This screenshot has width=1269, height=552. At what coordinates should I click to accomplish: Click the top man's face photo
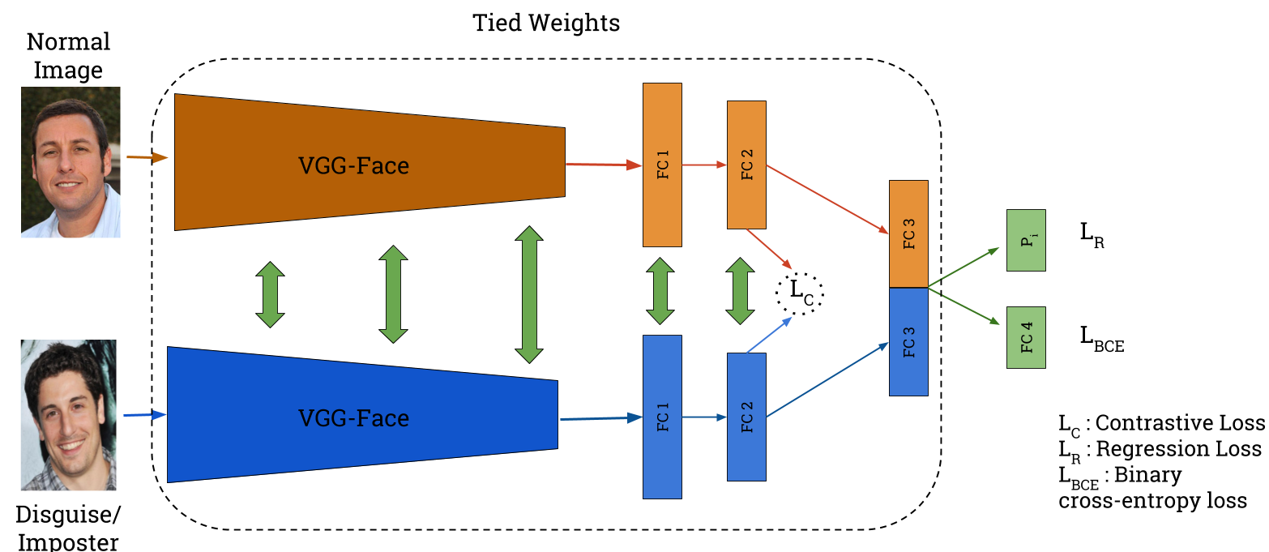(x=70, y=162)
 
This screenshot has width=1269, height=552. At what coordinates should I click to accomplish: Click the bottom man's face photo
(x=68, y=415)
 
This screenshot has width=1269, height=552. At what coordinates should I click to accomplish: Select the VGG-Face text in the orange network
(x=353, y=165)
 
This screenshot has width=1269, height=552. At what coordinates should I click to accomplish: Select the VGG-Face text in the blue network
(x=353, y=418)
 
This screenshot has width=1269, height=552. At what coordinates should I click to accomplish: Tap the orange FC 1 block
(x=662, y=165)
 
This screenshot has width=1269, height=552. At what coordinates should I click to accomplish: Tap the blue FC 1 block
(x=662, y=417)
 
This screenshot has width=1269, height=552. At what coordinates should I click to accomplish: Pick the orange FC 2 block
(x=746, y=165)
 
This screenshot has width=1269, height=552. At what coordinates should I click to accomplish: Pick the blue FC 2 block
(x=746, y=417)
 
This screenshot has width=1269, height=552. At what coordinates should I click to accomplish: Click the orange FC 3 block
(x=908, y=233)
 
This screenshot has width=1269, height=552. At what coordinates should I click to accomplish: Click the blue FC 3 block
(x=908, y=341)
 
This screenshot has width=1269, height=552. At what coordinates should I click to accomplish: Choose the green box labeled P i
(x=1026, y=240)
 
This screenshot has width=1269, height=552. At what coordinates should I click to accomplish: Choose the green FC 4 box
(x=1026, y=337)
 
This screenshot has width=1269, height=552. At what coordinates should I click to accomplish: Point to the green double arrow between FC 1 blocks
(x=660, y=291)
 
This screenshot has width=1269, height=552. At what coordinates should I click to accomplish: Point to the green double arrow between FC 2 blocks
(x=739, y=291)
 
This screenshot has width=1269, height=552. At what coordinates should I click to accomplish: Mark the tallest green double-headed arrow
(x=529, y=294)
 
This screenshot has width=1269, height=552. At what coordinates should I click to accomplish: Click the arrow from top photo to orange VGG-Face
(x=147, y=158)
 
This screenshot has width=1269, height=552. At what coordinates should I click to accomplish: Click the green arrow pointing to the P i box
(x=964, y=267)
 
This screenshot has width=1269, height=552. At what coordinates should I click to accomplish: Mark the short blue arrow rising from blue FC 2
(x=768, y=335)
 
